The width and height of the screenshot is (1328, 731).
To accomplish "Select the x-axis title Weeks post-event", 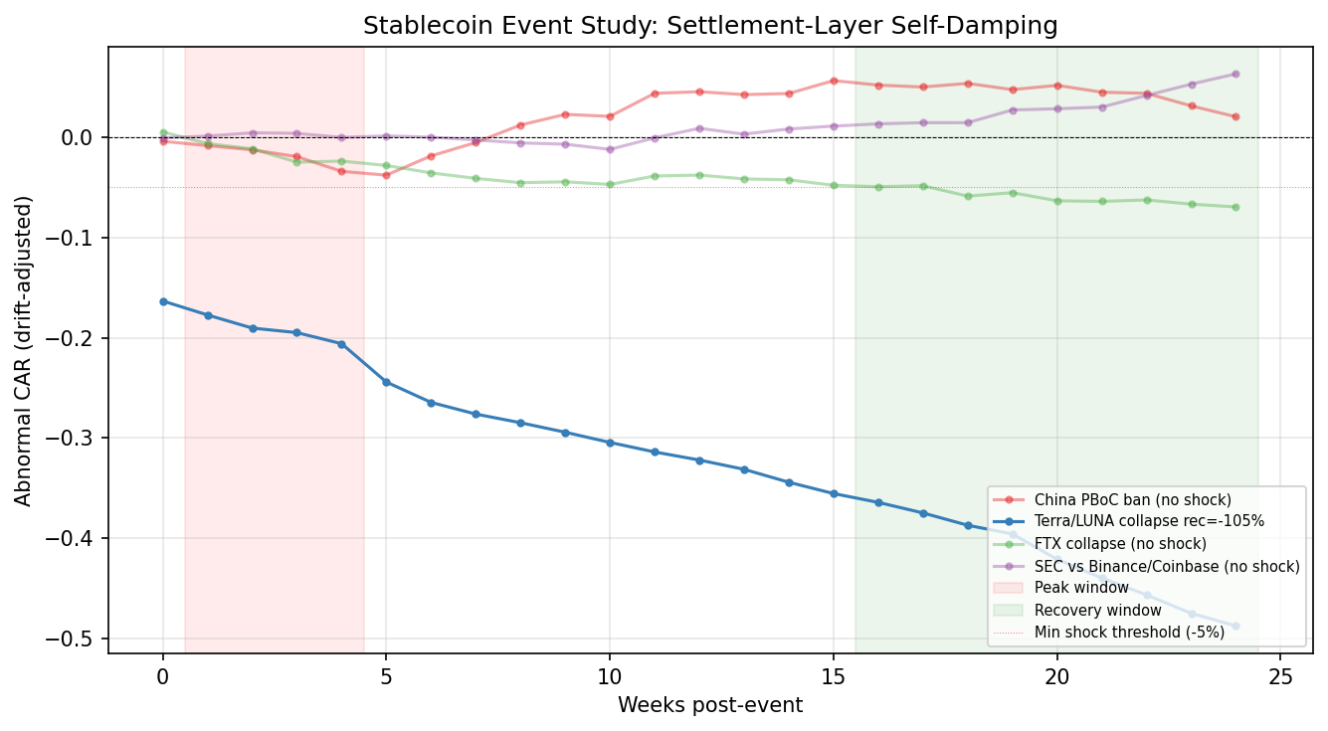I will click(x=710, y=705).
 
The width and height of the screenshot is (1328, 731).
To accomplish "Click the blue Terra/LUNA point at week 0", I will click(x=163, y=301).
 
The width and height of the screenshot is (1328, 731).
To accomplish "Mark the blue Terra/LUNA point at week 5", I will click(x=387, y=382).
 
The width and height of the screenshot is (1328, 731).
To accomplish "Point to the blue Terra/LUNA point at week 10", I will click(x=610, y=443).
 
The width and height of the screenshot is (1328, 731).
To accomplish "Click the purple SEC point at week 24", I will click(x=1235, y=74).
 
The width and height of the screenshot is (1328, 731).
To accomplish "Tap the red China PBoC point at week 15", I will click(x=834, y=81).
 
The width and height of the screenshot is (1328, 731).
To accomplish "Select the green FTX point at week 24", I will click(x=1235, y=207).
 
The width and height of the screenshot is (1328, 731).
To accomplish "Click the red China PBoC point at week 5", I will click(x=387, y=175).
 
